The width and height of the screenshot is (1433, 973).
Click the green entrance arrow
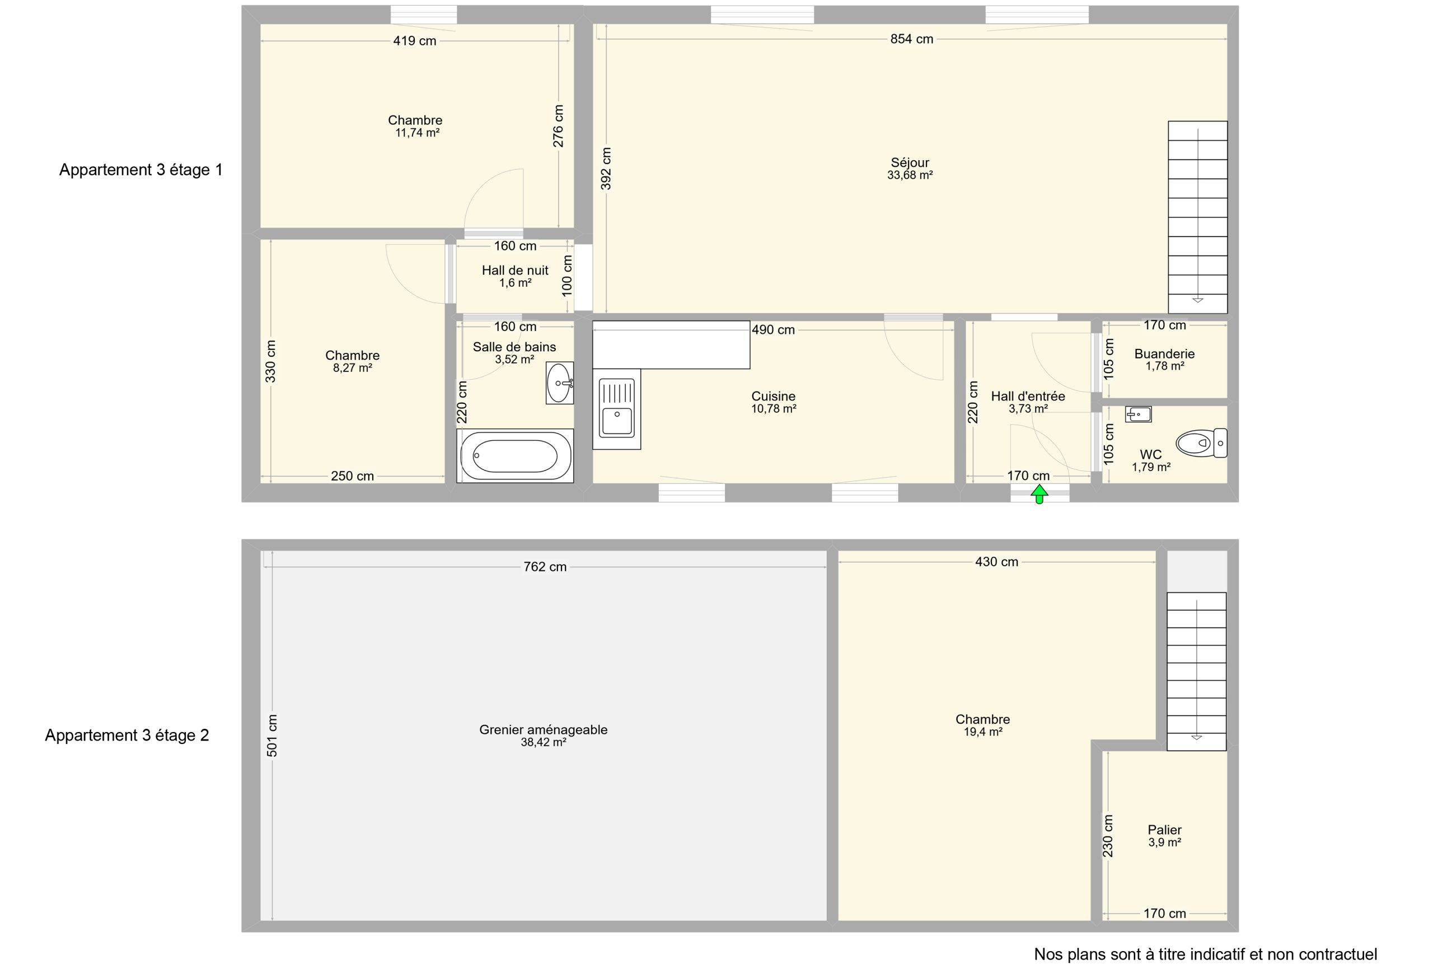(1039, 494)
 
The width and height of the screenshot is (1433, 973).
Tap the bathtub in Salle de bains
(515, 456)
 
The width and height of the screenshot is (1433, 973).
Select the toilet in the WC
(1201, 443)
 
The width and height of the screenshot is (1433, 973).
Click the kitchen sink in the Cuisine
(617, 409)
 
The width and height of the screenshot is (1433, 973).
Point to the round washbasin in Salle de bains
(560, 383)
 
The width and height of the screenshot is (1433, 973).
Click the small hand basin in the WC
(1138, 414)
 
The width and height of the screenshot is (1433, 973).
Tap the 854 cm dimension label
(911, 39)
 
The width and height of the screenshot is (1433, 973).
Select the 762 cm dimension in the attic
(545, 567)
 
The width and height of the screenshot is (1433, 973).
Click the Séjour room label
(910, 162)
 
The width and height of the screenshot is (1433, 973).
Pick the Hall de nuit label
(515, 270)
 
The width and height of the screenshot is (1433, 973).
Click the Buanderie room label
(1165, 353)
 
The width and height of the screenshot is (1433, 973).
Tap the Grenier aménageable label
(543, 730)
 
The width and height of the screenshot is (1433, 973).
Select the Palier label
(1165, 830)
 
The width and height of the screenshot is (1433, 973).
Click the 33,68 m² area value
(910, 175)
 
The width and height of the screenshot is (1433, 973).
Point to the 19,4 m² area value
(983, 732)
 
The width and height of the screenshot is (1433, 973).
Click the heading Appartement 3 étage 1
(141, 170)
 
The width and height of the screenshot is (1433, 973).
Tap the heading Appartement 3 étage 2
(127, 735)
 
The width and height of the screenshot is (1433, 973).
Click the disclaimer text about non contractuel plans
(1206, 955)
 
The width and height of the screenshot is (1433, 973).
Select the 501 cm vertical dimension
(272, 735)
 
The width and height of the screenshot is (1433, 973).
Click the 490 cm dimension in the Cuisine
(773, 330)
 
